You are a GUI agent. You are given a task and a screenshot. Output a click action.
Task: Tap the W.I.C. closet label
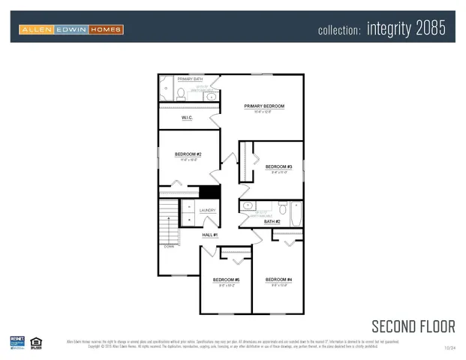tap(188, 118)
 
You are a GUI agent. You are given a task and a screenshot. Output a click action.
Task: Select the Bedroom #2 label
tap(188, 154)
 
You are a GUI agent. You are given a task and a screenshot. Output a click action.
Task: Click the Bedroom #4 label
tap(278, 280)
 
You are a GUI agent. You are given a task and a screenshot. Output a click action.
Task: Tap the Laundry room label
tap(208, 211)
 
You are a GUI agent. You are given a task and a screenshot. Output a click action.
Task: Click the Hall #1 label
tap(209, 235)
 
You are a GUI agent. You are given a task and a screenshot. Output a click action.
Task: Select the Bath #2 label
tap(272, 221)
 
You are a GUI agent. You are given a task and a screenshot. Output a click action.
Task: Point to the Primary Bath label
tap(190, 79)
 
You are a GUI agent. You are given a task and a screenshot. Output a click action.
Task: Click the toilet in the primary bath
tap(181, 94)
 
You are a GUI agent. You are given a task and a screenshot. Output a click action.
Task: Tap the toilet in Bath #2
tap(282, 206)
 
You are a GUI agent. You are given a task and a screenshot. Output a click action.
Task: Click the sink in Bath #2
tap(248, 205)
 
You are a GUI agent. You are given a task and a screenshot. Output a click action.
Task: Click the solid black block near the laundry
tap(209, 192)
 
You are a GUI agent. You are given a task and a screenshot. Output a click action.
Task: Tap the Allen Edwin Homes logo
tap(72, 29)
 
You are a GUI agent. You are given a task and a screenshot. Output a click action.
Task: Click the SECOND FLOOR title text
tap(413, 325)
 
